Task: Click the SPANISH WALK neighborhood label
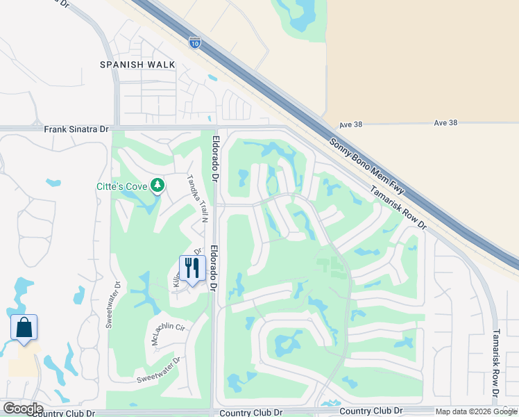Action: (137, 65)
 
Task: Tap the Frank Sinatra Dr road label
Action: (76, 129)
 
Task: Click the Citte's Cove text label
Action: (122, 186)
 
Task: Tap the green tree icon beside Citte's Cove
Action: (158, 185)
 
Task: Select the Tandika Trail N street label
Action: (196, 197)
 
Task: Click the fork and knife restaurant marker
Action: (191, 267)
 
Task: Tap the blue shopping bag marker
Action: (24, 327)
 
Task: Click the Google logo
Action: (22, 409)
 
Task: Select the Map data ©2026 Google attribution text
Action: (476, 411)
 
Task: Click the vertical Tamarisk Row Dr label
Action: (496, 363)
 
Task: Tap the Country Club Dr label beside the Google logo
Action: (62, 413)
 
